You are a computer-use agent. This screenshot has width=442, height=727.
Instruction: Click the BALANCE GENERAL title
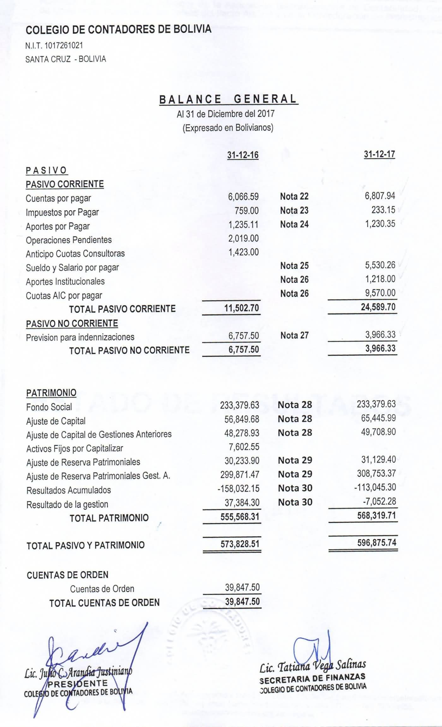click(228, 99)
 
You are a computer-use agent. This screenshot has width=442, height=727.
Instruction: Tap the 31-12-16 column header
click(243, 155)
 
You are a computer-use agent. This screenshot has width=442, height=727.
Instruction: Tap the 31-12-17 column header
click(379, 154)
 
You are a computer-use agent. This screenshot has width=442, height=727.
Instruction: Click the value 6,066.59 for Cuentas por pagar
click(243, 197)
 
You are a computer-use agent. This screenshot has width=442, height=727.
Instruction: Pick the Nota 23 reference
click(294, 211)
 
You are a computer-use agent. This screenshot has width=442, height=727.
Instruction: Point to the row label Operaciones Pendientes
click(69, 240)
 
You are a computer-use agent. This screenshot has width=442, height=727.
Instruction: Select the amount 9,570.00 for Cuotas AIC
click(380, 293)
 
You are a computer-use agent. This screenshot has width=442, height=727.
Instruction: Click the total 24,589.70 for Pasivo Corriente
click(378, 307)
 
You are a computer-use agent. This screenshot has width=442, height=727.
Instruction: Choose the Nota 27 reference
click(294, 335)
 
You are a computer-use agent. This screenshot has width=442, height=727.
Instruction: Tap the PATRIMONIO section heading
click(51, 393)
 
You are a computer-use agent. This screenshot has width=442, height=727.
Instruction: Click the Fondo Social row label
click(49, 407)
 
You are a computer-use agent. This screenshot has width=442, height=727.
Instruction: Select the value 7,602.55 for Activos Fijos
click(244, 447)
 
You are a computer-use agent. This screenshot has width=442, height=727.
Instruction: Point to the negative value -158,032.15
click(238, 488)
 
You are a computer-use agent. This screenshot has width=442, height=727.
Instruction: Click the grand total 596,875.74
click(377, 543)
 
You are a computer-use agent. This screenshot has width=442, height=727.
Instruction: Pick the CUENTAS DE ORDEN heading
click(68, 575)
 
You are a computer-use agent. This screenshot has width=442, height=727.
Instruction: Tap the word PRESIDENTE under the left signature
click(78, 683)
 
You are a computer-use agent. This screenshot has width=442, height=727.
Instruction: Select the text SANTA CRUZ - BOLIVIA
click(66, 59)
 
